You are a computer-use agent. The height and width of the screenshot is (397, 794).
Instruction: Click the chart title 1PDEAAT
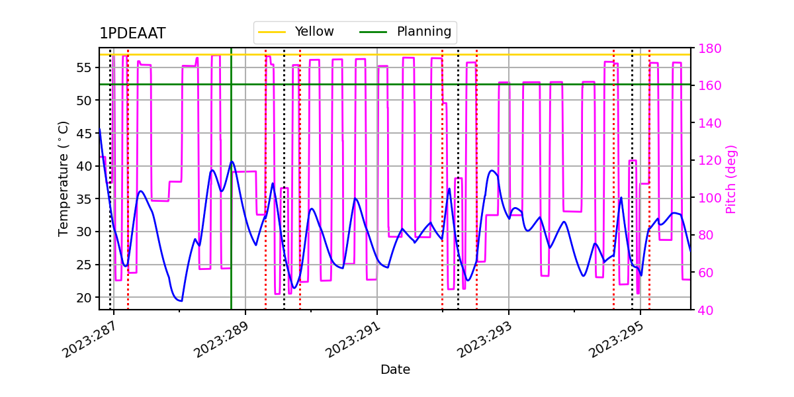(132, 34)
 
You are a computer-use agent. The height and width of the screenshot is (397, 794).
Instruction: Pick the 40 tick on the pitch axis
(705, 310)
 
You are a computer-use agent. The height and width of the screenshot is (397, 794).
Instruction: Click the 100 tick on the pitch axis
(709, 198)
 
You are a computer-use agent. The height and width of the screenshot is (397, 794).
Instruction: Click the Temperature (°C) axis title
(64, 179)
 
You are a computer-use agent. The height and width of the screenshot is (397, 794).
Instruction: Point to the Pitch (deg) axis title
(731, 179)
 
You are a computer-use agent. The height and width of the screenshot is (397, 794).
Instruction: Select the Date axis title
(395, 370)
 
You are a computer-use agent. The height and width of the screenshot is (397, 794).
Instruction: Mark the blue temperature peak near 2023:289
(232, 162)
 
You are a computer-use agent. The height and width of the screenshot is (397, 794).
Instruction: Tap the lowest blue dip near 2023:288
(179, 300)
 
